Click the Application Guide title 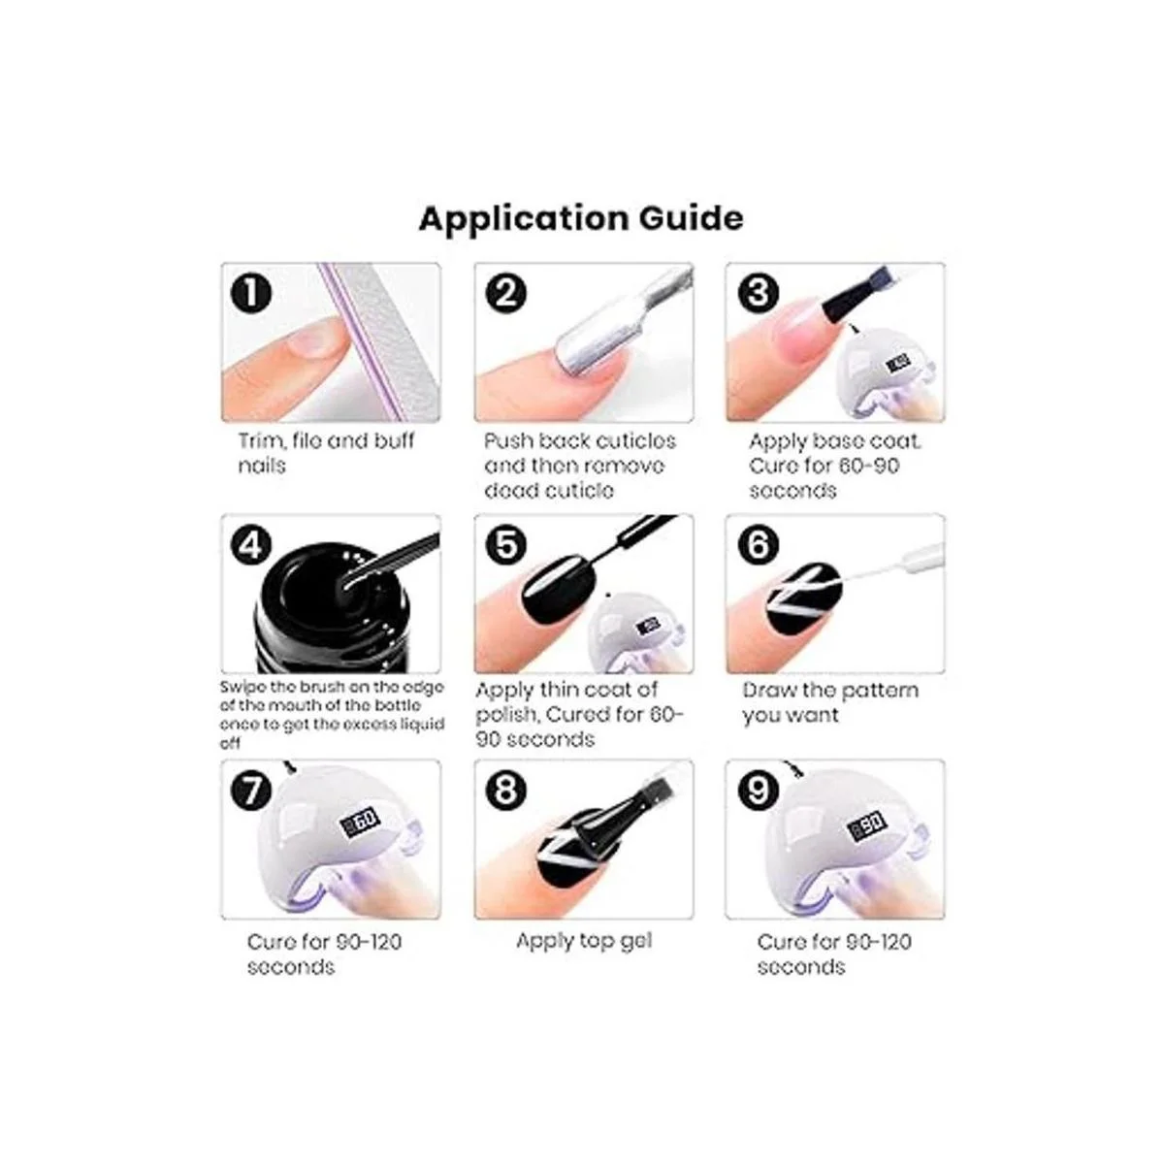click(x=581, y=218)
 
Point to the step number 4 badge click(x=252, y=545)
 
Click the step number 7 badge click(x=252, y=791)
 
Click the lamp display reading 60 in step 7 click(x=359, y=822)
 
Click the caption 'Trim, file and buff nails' click(x=325, y=453)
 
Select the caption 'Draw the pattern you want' click(x=829, y=703)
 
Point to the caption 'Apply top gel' click(x=584, y=941)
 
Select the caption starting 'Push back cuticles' click(x=579, y=466)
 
